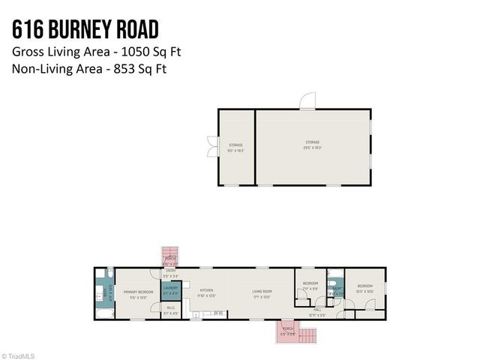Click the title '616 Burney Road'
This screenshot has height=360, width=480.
point(86,30)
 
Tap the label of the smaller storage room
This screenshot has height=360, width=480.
point(236,147)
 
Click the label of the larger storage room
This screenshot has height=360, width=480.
point(312,145)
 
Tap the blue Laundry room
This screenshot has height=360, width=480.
point(172,289)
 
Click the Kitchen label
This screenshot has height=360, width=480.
point(206,292)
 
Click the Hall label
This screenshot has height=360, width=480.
point(317,310)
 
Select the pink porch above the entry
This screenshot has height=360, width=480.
point(171,257)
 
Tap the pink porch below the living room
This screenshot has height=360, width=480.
point(289,331)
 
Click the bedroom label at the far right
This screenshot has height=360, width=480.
point(365,288)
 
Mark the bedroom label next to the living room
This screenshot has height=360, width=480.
point(310,285)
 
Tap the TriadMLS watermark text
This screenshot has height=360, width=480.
point(19,355)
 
